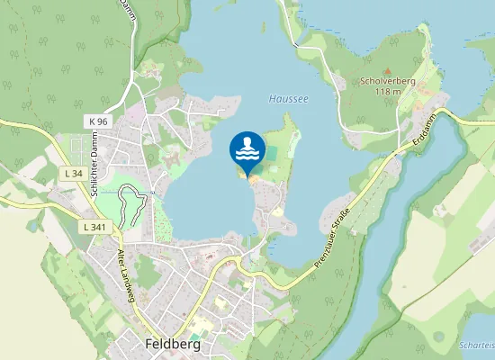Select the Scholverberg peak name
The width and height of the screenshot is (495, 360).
coord(387,81)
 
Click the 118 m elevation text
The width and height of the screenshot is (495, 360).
coord(387,92)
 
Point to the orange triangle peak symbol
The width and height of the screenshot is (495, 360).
coord(387,70)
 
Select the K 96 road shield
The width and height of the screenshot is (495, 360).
coord(98,121)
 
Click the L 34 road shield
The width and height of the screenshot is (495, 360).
coord(74,172)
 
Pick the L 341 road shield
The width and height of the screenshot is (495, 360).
coord(93,227)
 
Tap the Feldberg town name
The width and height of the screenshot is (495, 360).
coord(173,344)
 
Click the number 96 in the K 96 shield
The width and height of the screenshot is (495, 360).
coord(102,121)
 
